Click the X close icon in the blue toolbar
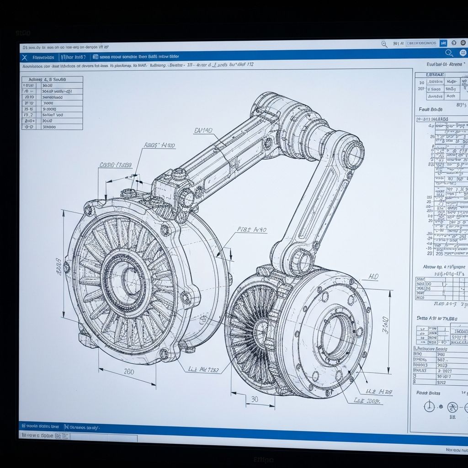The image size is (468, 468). click(24, 57)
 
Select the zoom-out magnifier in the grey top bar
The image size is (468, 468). click(384, 44)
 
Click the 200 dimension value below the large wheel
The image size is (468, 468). click(129, 372)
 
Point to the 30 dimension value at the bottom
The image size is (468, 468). click(255, 399)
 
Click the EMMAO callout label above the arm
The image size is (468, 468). click(203, 131)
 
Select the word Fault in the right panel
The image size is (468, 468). click(424, 110)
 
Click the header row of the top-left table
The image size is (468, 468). click(52, 80)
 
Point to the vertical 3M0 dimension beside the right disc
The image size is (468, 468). click(385, 325)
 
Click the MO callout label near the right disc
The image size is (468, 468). click(373, 277)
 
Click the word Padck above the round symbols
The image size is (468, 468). click(422, 393)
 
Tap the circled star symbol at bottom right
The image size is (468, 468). click(452, 407)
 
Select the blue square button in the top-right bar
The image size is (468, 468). click(443, 43)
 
